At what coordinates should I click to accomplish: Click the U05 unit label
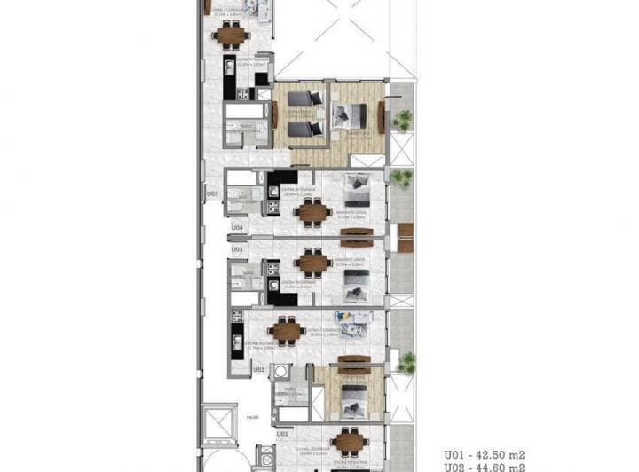point(212,193)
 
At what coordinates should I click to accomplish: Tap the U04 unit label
point(237,228)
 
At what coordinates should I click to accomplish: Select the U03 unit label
point(237,249)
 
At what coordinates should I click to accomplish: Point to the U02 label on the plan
point(259,370)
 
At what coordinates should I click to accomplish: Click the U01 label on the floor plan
point(281,435)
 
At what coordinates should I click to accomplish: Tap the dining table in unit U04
point(313,211)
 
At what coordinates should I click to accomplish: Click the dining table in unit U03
point(313,262)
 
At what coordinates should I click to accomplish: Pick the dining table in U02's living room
point(287,331)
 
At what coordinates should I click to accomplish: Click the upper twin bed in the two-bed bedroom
point(304,100)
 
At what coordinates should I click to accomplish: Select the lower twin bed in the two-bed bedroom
point(304,129)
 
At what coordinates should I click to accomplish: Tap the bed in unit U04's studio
point(359,187)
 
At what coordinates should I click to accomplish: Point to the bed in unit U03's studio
point(359,283)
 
